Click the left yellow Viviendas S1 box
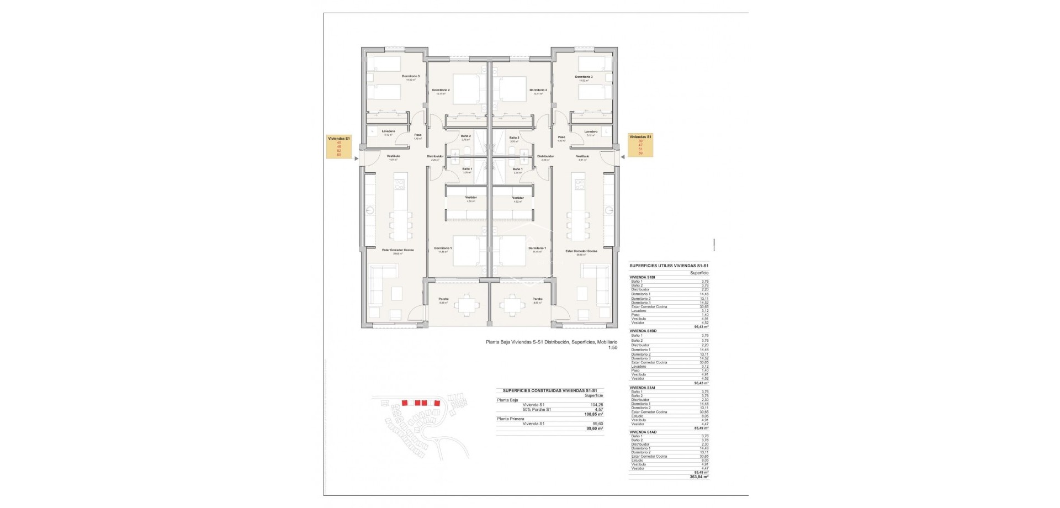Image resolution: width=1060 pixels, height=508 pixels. click(339, 147)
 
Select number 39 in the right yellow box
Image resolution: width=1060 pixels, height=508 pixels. click(640, 141)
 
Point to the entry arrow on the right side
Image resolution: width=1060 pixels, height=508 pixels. click(622, 157)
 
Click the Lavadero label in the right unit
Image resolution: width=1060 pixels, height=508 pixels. click(591, 131)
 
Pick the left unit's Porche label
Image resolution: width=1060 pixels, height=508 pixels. click(443, 299)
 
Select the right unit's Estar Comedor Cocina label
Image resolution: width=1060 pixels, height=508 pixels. click(581, 251)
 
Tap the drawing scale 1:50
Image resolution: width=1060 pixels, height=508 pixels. click(612, 348)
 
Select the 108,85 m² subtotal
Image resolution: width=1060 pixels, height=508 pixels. click(593, 414)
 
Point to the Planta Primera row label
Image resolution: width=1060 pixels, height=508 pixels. click(510, 419)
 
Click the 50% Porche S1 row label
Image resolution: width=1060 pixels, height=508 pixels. click(537, 409)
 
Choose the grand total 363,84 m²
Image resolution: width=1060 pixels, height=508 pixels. click(699, 477)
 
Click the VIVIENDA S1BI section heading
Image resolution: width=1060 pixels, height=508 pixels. click(642, 277)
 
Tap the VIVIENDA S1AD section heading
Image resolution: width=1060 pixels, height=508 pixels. click(643, 432)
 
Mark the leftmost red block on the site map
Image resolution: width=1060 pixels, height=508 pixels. click(405, 403)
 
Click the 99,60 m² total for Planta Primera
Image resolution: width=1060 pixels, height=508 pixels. click(595, 428)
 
